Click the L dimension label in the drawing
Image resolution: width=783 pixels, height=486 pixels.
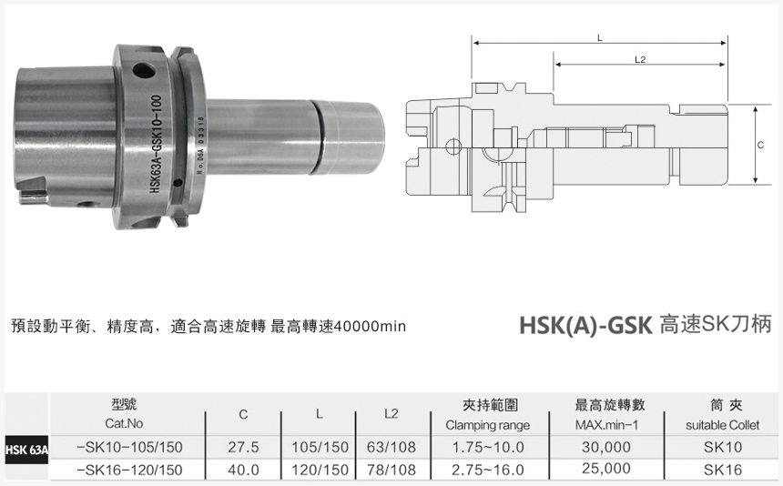599,37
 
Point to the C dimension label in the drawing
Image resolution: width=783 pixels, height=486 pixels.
760,145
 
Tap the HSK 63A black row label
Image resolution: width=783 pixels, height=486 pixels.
25,450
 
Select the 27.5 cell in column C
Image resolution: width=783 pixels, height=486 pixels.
243,447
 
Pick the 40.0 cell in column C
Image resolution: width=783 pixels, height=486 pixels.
243,470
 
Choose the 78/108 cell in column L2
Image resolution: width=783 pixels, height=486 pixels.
391,470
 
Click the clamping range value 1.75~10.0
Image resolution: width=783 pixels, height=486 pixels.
487,447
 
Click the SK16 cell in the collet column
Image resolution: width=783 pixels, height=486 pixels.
723,470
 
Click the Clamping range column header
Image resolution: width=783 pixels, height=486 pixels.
487,425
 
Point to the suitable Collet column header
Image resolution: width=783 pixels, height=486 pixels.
723,425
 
